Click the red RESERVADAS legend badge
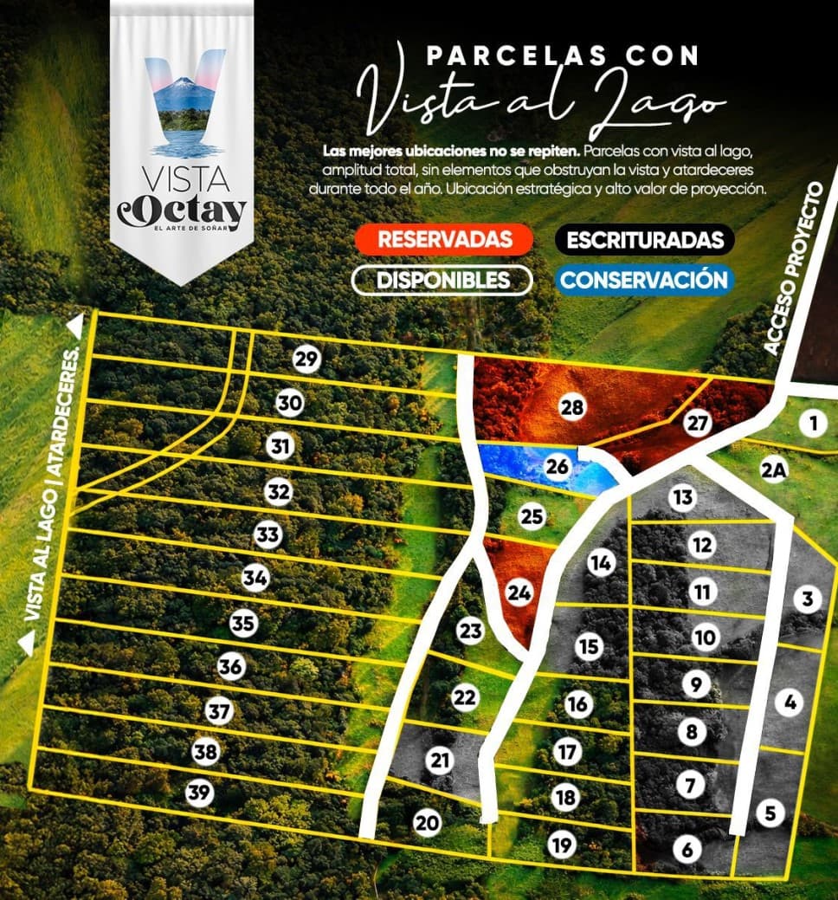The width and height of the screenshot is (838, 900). [444, 238]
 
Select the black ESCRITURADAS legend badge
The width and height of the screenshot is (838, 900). [645, 238]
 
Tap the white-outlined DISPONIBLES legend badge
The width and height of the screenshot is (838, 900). [442, 280]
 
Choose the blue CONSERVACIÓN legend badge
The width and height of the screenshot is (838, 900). [642, 280]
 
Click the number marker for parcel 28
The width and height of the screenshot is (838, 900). [571, 408]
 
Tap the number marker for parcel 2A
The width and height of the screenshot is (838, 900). [774, 470]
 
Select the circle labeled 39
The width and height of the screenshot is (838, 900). [200, 793]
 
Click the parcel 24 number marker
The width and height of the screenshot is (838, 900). [519, 594]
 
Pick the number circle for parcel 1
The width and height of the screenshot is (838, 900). [813, 424]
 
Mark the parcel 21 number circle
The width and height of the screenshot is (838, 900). [442, 761]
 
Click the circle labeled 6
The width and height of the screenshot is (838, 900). [687, 850]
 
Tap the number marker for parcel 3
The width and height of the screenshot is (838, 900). [807, 599]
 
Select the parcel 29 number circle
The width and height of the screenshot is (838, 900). [305, 359]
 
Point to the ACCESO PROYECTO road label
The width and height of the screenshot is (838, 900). [793, 269]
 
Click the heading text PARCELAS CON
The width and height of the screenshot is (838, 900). [563, 55]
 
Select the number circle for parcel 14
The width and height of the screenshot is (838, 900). [600, 563]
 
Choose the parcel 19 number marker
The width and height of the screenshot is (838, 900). [563, 844]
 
